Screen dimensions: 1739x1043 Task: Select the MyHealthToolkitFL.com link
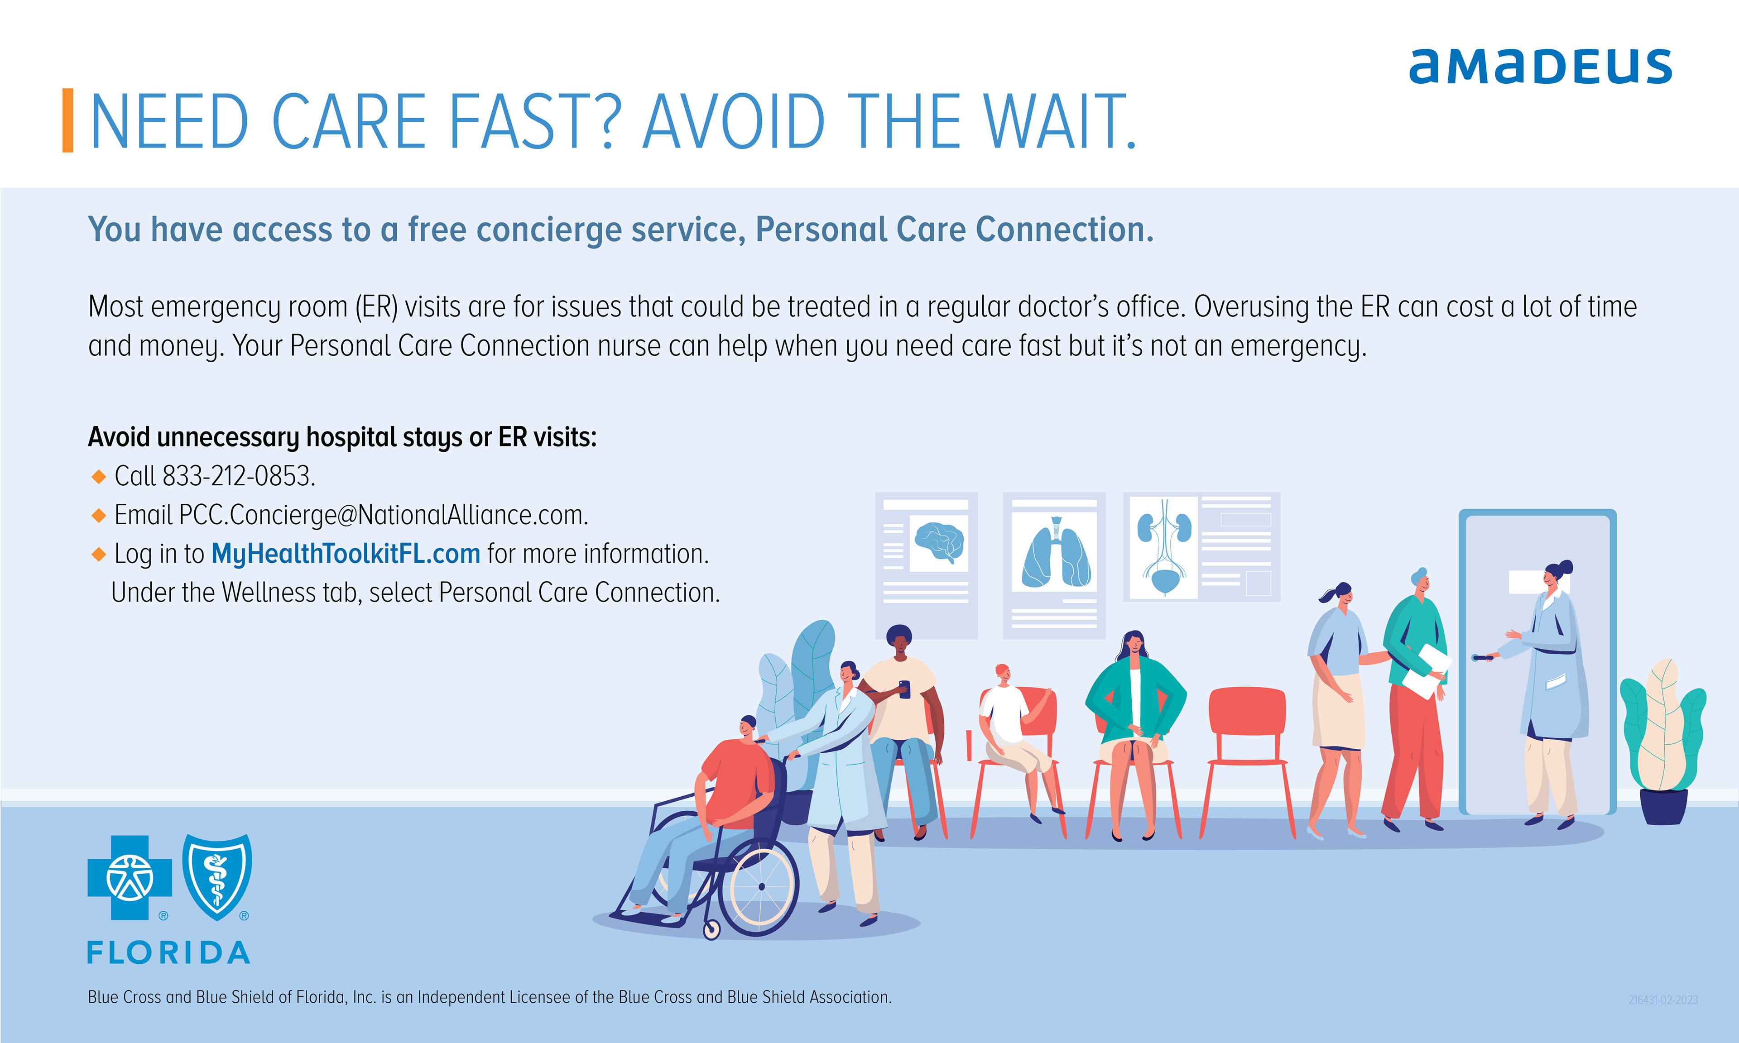pos(346,554)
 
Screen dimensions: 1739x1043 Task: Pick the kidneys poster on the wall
pos(1201,547)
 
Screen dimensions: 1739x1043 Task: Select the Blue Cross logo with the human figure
pos(130,877)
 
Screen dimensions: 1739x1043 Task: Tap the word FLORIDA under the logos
pos(169,953)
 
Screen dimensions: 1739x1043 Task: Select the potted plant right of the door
pos(1662,742)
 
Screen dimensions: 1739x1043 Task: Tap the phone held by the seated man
pos(905,689)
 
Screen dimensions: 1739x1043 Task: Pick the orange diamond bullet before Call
pos(98,477)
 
